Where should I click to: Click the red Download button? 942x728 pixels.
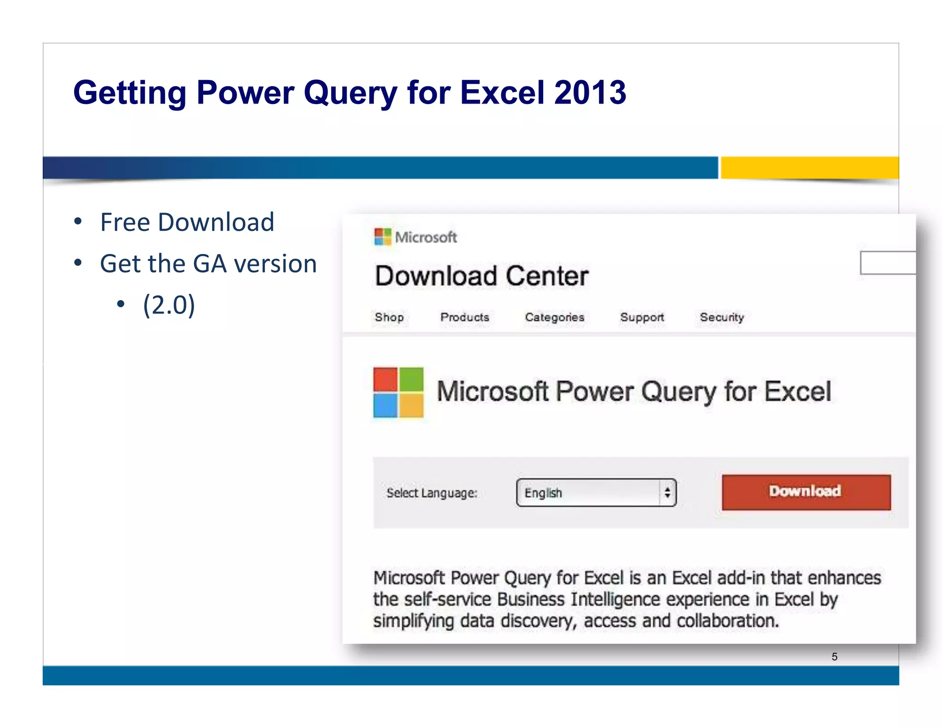[x=806, y=492]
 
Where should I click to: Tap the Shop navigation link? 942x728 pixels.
[x=389, y=317]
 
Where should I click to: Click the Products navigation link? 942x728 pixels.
[x=465, y=317]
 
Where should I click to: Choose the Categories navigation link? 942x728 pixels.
[x=555, y=317]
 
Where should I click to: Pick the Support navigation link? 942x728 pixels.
[x=642, y=317]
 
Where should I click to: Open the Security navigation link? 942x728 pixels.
[x=722, y=317]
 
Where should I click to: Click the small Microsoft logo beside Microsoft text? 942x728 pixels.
[x=383, y=237]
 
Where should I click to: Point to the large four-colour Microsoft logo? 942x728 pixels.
[x=398, y=392]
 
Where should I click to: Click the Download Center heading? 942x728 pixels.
[x=482, y=276]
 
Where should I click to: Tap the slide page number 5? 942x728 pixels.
[x=834, y=657]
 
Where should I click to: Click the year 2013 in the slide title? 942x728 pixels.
[x=590, y=92]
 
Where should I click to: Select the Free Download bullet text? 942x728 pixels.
[x=187, y=222]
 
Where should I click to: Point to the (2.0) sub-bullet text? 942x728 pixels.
[x=169, y=305]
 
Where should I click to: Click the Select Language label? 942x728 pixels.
[x=432, y=493]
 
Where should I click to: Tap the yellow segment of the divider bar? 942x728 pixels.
[x=810, y=167]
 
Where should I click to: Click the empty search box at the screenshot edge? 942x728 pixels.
[x=888, y=263]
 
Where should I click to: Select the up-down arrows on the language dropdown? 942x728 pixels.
[x=667, y=493]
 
